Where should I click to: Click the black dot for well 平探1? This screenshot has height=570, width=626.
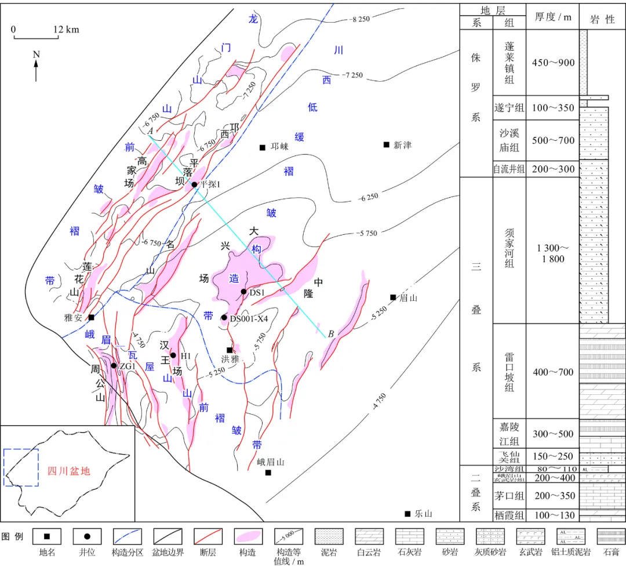195,184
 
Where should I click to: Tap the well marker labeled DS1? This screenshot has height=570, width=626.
244,292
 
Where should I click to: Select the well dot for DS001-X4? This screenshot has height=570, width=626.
224,318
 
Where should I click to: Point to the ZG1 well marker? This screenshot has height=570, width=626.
114,366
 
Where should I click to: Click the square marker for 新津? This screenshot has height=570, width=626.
387,144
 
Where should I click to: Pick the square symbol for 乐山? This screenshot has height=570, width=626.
407,514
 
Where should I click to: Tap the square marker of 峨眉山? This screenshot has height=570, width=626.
268,473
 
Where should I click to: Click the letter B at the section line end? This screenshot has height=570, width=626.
331,333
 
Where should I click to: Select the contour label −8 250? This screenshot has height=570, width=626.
359,20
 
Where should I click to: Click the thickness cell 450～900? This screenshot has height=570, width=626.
553,63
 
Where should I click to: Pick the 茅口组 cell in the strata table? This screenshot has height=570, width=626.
509,496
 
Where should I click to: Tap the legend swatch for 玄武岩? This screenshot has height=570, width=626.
530,536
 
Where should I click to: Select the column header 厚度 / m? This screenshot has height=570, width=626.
553,17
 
